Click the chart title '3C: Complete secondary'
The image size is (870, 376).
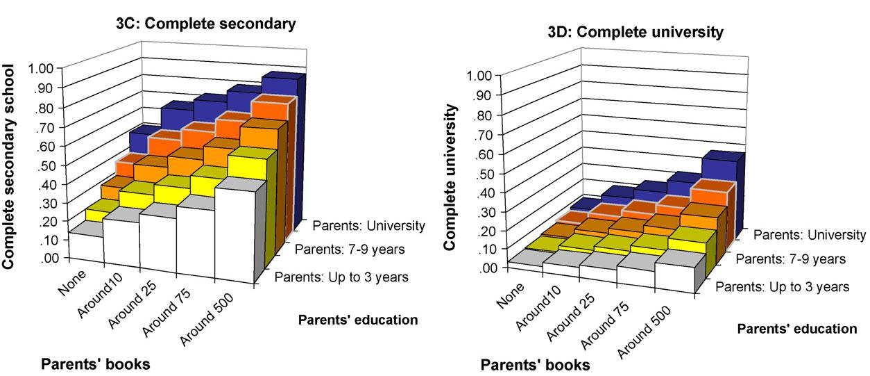click(x=205, y=24)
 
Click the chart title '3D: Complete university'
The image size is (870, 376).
click(x=644, y=32)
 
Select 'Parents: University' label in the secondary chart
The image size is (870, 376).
click(x=368, y=225)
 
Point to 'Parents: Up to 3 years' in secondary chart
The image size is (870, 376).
click(x=341, y=277)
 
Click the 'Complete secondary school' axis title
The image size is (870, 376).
click(x=9, y=166)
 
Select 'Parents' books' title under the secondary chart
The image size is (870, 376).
click(x=95, y=363)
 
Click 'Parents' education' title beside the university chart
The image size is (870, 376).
click(x=797, y=328)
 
